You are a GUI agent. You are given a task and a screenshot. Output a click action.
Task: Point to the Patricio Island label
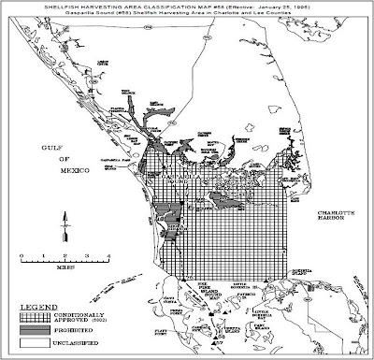245,295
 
